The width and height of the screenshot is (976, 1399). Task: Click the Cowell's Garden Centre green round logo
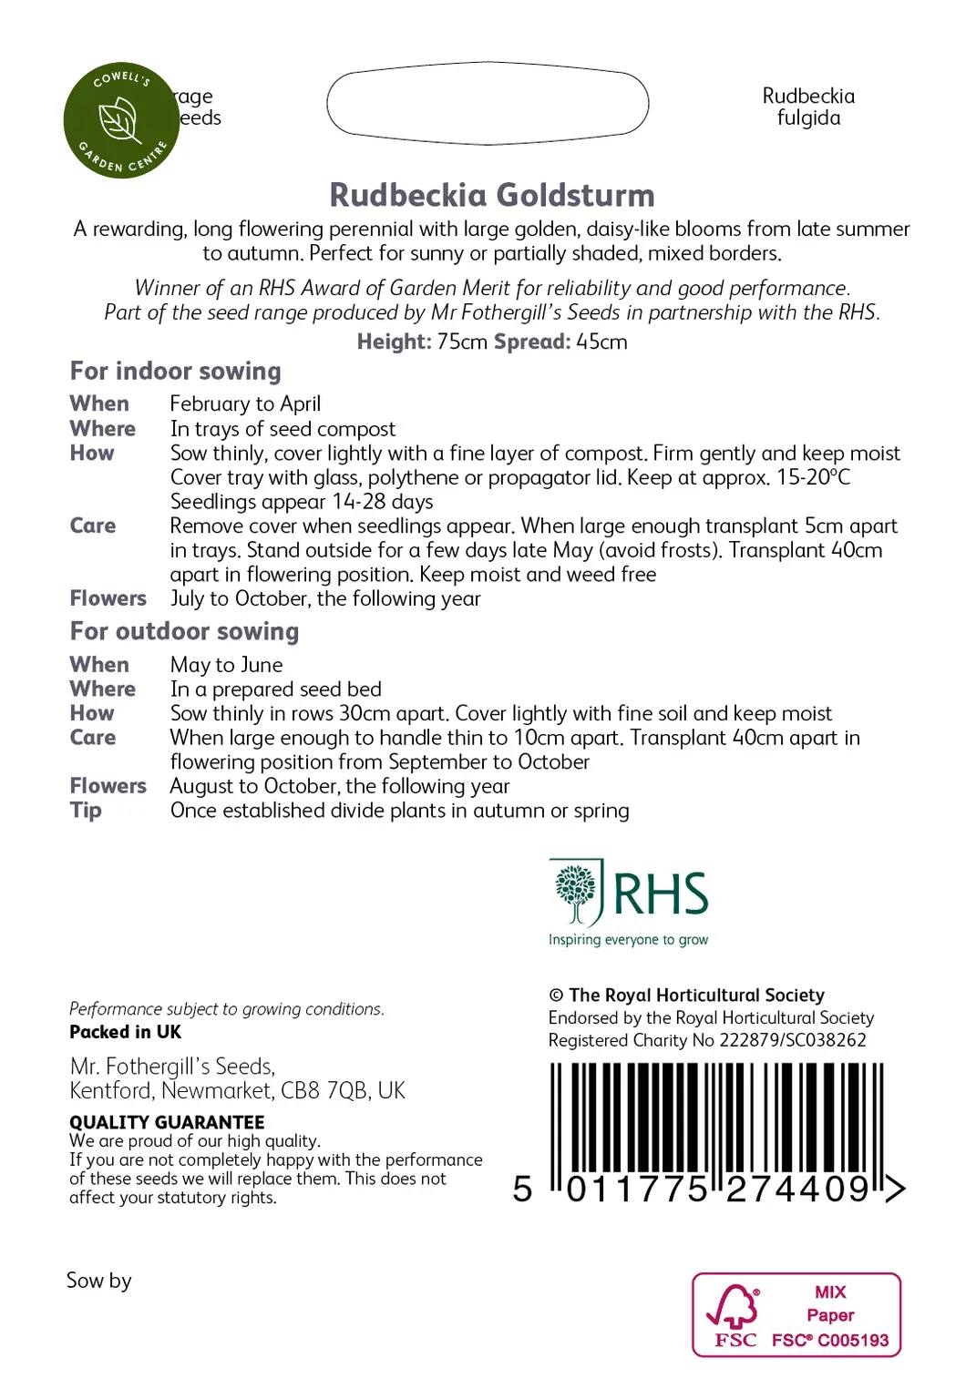click(x=121, y=120)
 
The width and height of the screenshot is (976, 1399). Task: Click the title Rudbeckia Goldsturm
click(x=492, y=195)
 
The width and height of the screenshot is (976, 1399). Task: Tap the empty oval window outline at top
click(x=488, y=103)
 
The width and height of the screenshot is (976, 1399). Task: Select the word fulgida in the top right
click(x=808, y=118)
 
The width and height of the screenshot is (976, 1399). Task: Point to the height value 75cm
click(x=462, y=342)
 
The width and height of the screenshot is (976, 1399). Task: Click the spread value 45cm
click(x=601, y=342)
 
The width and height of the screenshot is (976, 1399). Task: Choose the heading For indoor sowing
click(x=176, y=372)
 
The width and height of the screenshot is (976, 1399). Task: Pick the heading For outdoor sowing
click(x=184, y=632)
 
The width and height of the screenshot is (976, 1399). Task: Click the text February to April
click(x=245, y=404)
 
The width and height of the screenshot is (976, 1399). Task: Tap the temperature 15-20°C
click(x=813, y=477)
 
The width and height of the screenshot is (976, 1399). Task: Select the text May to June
click(x=226, y=666)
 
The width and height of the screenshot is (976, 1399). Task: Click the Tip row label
click(x=86, y=811)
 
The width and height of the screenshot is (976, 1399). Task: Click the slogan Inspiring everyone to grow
click(x=628, y=940)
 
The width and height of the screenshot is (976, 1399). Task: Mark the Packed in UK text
click(x=125, y=1032)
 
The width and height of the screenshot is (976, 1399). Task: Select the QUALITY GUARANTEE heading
click(x=167, y=1122)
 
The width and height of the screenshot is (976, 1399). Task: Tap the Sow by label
click(x=98, y=1281)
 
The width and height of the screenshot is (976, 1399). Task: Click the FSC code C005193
click(x=853, y=1341)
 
